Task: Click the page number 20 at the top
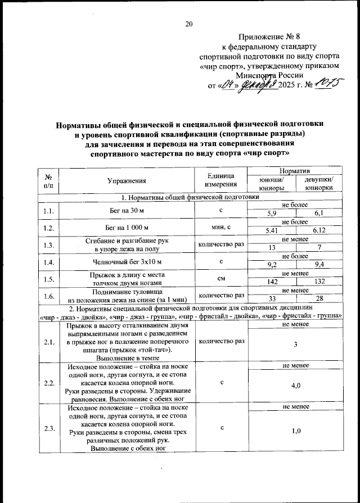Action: (188, 23)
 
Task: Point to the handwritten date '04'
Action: (227, 85)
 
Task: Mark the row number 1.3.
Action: (48, 244)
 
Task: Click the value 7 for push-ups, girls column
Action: (318, 248)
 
